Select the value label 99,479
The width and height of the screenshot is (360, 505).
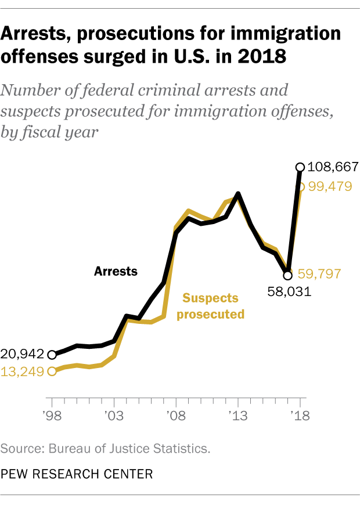pyautogui.click(x=330, y=188)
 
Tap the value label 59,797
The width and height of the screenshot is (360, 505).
pyautogui.click(x=319, y=273)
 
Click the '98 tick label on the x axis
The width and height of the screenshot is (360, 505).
pyautogui.click(x=52, y=417)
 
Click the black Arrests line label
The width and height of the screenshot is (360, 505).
pyautogui.click(x=116, y=271)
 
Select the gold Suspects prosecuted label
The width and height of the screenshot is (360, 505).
pyautogui.click(x=210, y=306)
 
